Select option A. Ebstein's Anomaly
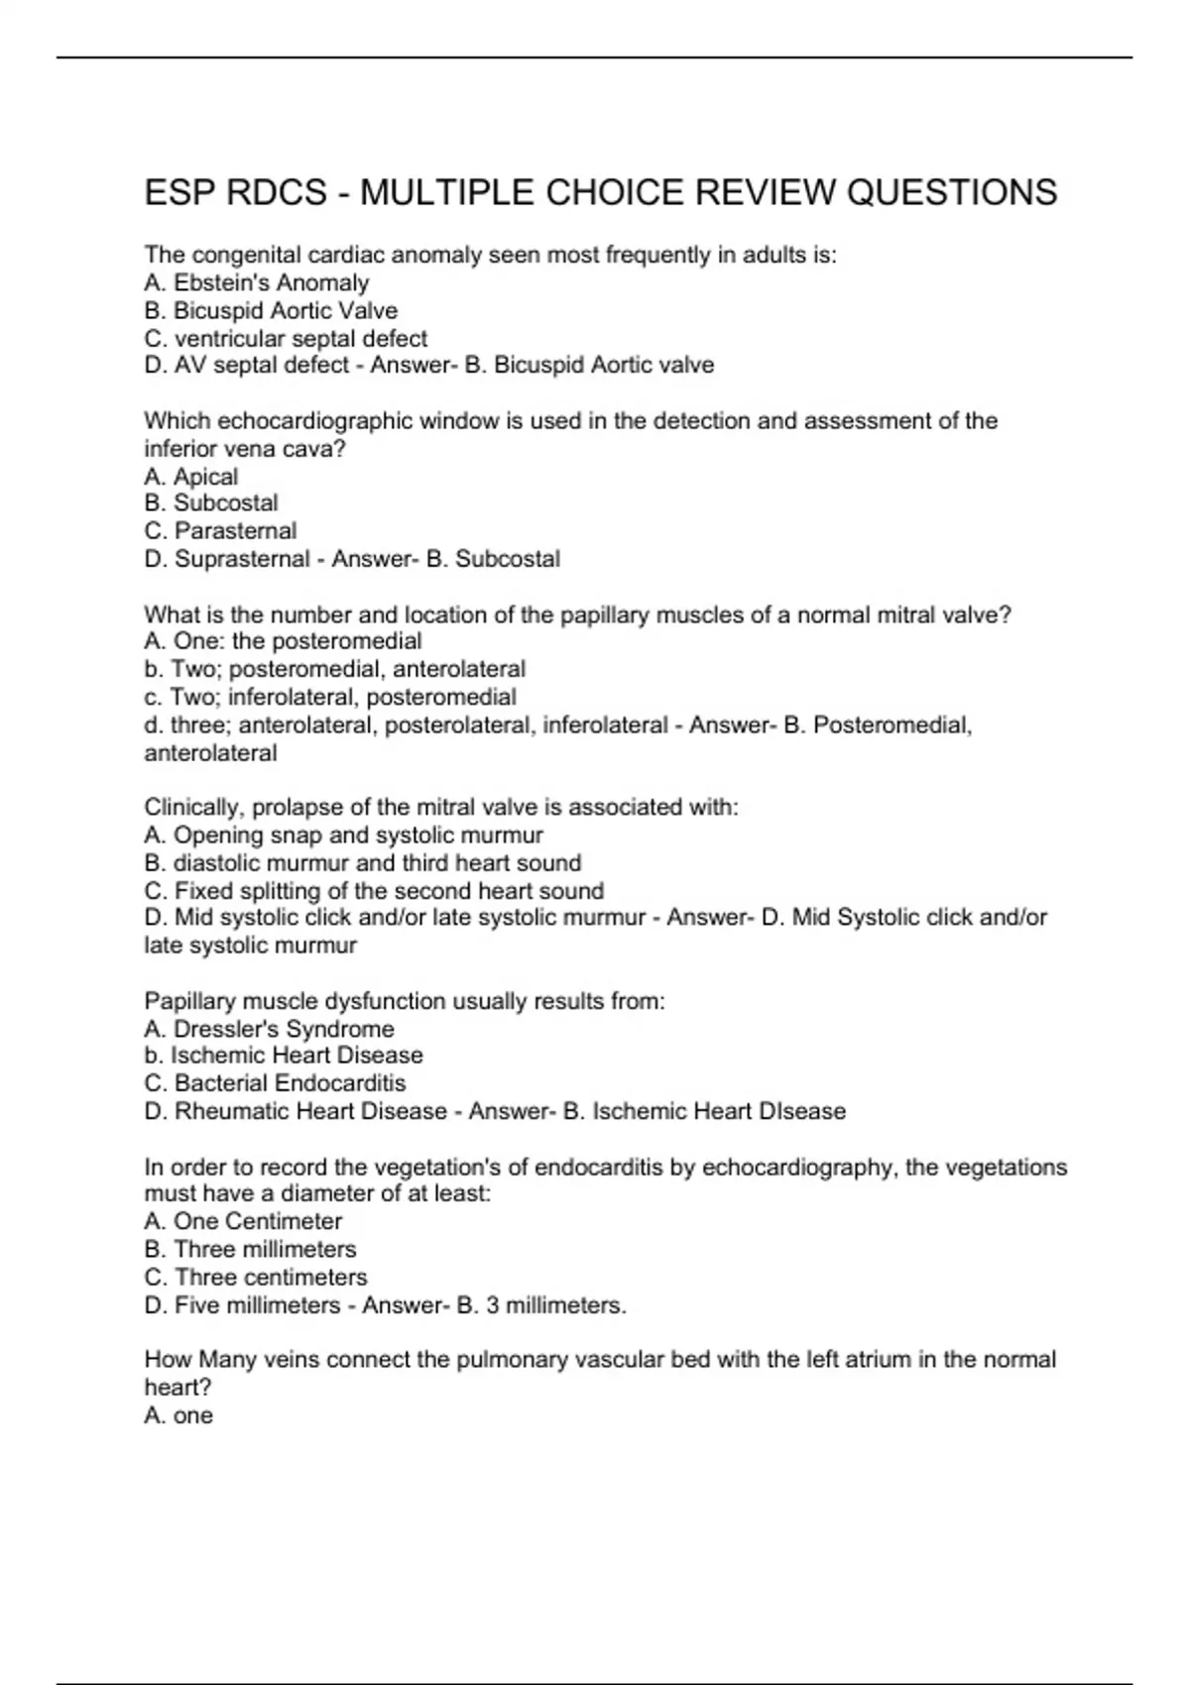(256, 283)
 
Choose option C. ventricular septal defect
(286, 339)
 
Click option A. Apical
(190, 477)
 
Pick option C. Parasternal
(220, 531)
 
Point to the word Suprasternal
(242, 559)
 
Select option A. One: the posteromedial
(283, 641)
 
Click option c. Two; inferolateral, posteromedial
(329, 697)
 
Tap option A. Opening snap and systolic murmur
(343, 836)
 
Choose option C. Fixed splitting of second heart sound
(374, 891)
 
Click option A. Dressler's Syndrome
(269, 1029)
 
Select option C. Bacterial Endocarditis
(275, 1083)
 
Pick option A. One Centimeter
(243, 1221)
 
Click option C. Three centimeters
(255, 1278)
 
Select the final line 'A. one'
(178, 1415)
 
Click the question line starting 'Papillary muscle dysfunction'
(405, 1001)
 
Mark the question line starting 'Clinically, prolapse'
(441, 807)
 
